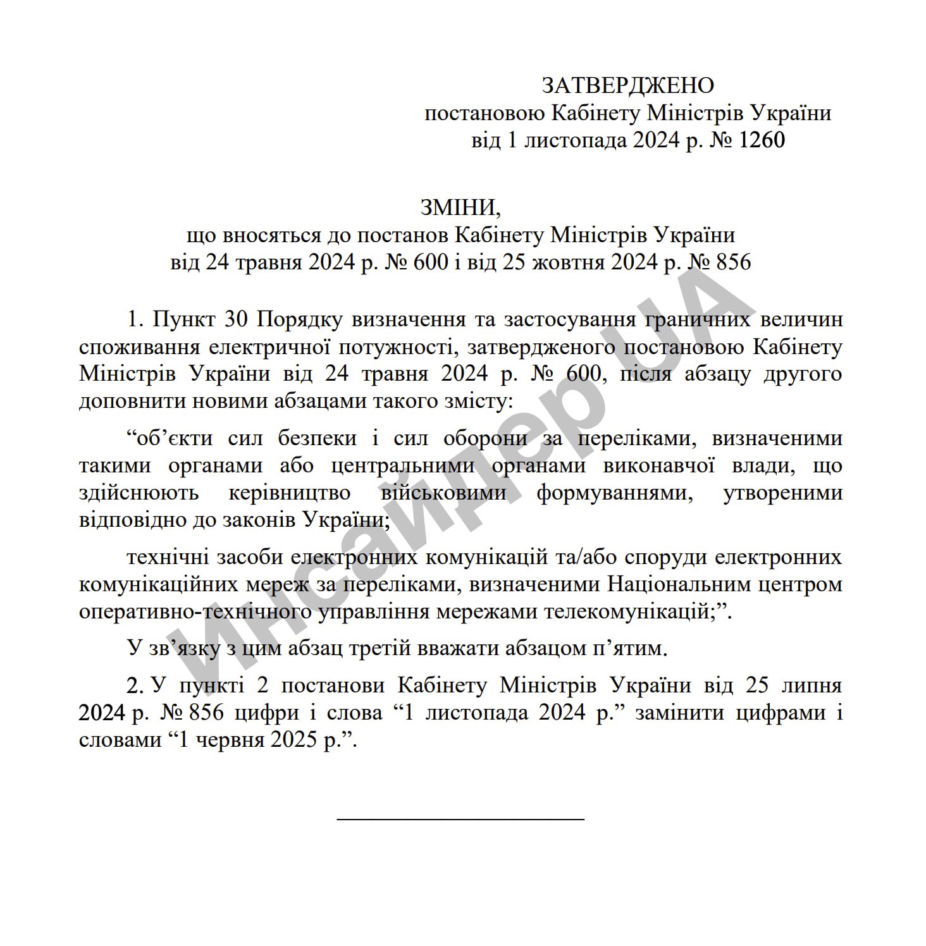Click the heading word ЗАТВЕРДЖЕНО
[627, 85]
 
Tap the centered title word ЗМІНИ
[459, 207]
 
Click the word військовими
[443, 493]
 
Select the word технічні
[168, 557]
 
